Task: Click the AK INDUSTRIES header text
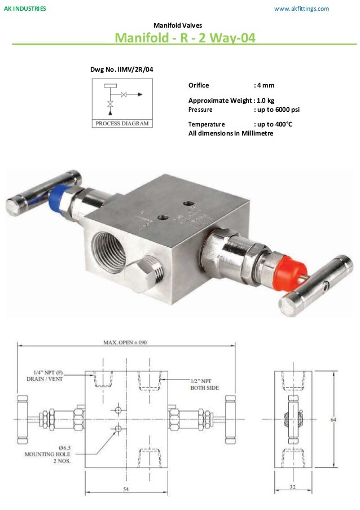[25, 9]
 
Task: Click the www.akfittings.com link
[301, 9]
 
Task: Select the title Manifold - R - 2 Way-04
[185, 38]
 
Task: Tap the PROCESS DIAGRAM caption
[122, 123]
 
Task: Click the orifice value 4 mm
[266, 85]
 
